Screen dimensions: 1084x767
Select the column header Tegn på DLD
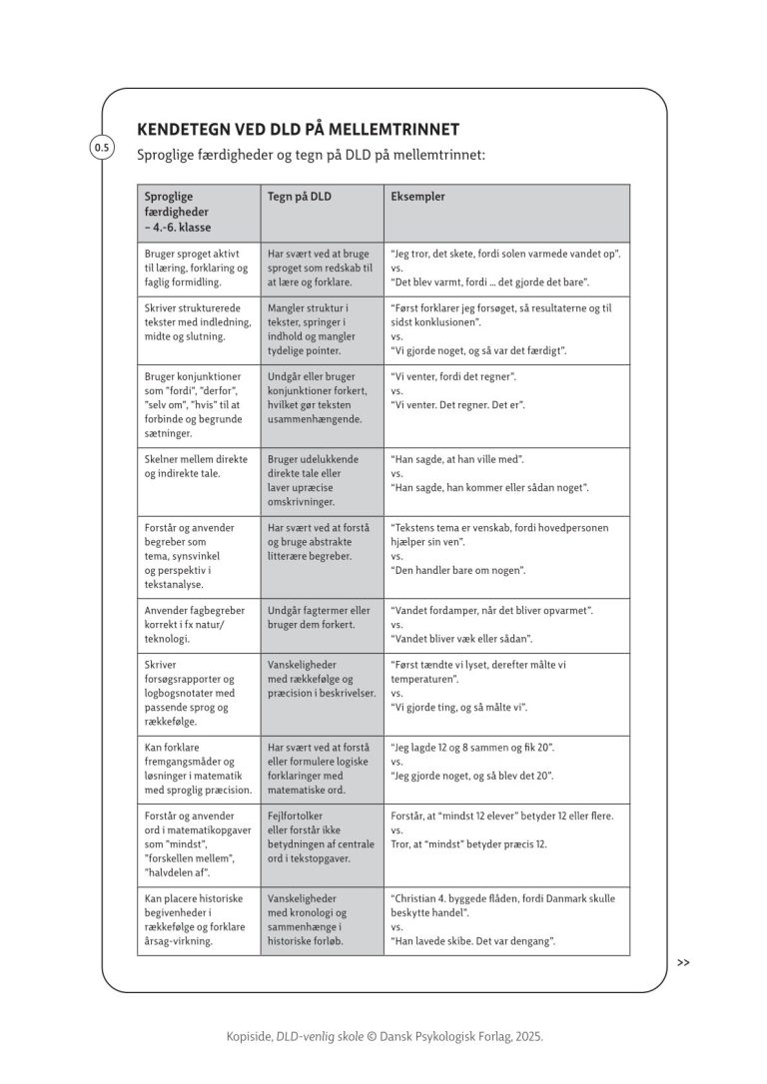click(x=300, y=197)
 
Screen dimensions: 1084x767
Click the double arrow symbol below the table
click(x=683, y=963)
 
